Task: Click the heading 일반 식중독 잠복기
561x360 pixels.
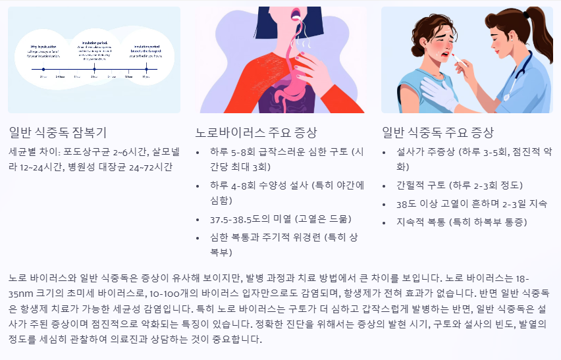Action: tap(58, 132)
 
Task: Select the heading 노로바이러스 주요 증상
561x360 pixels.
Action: tap(257, 132)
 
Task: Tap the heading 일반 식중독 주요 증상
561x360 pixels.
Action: tap(438, 132)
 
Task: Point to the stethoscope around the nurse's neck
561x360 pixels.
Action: tap(523, 66)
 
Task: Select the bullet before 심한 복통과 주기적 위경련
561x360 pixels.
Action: tap(200, 236)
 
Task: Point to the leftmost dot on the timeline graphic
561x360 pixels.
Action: tap(43, 68)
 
